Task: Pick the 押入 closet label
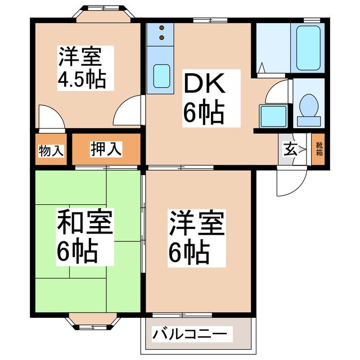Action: pyautogui.click(x=106, y=150)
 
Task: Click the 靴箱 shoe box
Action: pyautogui.click(x=319, y=150)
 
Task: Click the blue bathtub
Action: pyautogui.click(x=308, y=48)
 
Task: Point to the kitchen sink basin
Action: pyautogui.click(x=162, y=75)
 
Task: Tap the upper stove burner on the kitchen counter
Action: pyautogui.click(x=162, y=28)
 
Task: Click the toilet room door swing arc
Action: pyautogui.click(x=277, y=91)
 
